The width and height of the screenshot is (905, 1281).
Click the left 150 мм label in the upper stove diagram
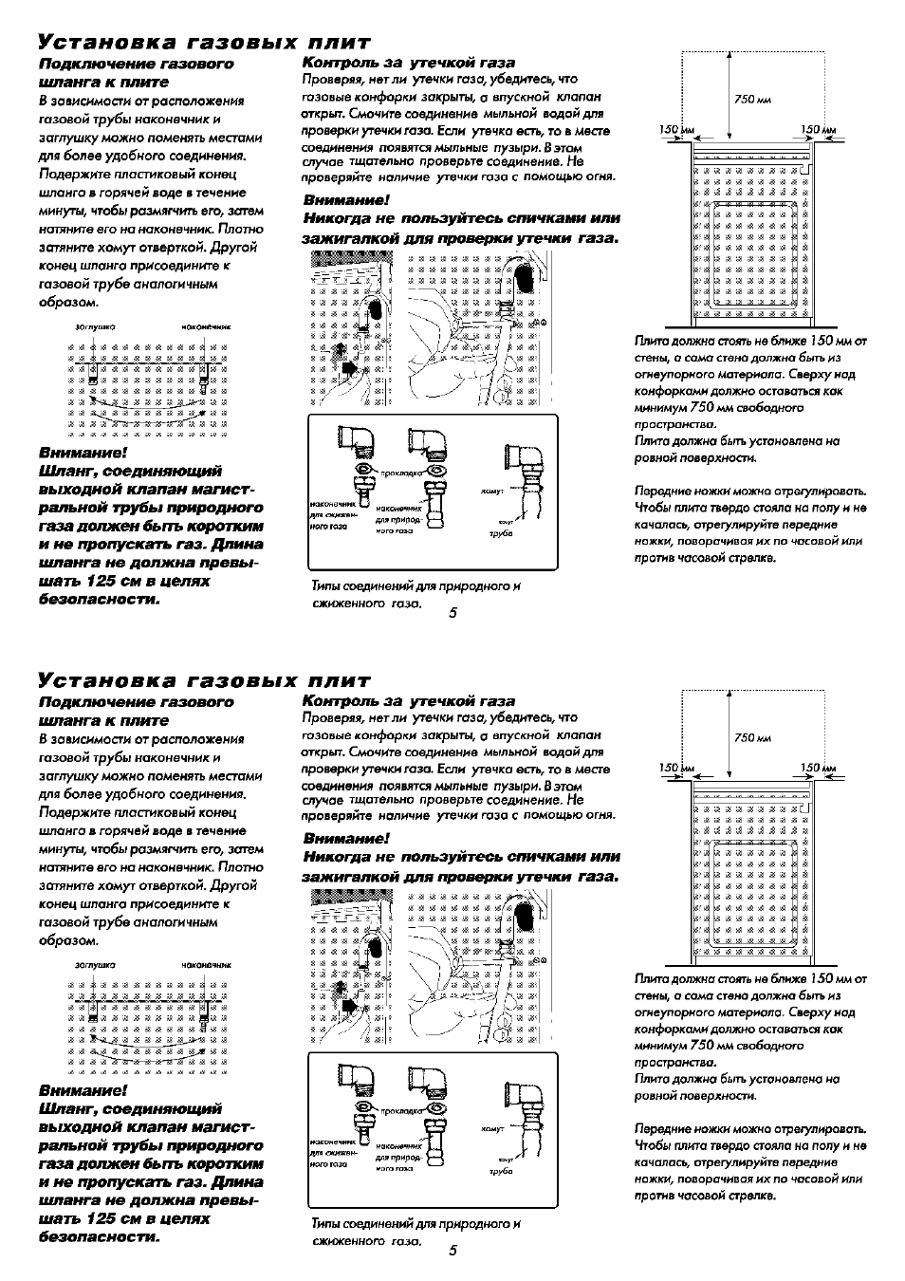(x=671, y=129)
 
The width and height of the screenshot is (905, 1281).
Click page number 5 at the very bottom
(x=452, y=1251)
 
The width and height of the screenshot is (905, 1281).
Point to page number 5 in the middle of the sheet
(x=452, y=613)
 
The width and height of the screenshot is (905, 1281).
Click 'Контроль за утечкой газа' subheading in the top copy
(x=408, y=63)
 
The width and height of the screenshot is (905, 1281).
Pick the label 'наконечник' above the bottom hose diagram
(x=207, y=964)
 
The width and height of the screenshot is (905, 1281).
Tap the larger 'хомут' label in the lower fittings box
(x=492, y=1129)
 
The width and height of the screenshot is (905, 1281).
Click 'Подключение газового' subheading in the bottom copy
(x=136, y=702)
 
